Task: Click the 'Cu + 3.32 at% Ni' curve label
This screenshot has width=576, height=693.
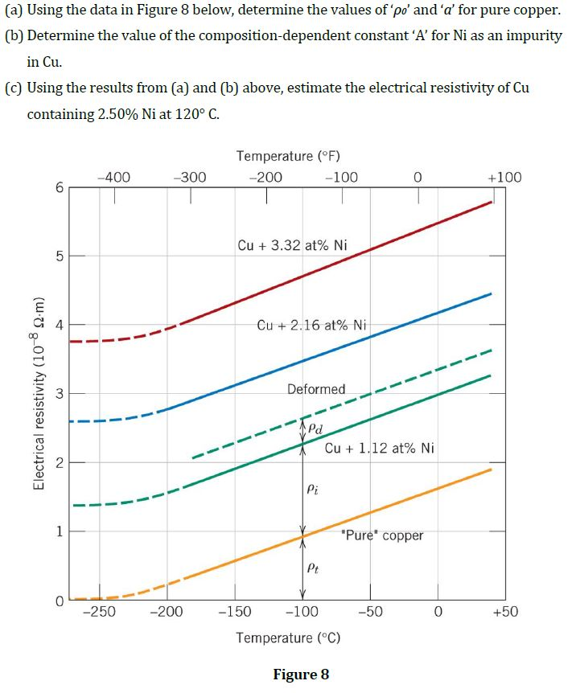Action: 293,245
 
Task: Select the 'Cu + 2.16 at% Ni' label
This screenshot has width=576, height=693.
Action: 311,325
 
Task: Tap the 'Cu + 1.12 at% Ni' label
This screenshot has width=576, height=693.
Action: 380,448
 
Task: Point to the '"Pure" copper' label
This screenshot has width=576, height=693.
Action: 382,535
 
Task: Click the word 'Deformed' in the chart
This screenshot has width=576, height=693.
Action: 316,389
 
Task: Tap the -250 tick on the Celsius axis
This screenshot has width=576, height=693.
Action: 99,612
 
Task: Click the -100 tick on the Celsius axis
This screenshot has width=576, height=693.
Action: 302,612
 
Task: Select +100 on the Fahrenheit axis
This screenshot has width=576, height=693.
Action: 504,178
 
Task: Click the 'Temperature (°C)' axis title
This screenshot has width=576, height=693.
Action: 288,638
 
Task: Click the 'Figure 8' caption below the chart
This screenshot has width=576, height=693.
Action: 301,674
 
